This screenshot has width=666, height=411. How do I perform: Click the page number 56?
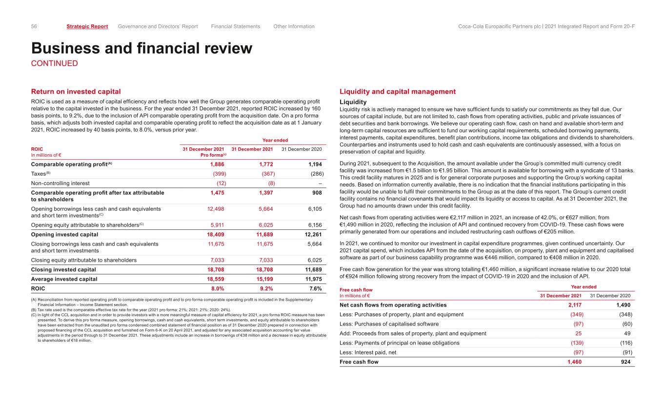point(34,26)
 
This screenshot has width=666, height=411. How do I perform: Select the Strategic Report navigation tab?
point(87,26)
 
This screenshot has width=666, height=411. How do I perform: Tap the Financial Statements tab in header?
point(236,26)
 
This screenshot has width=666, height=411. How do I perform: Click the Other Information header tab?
point(294,26)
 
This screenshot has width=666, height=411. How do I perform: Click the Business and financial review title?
point(142,48)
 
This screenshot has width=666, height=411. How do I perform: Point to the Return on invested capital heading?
point(76,91)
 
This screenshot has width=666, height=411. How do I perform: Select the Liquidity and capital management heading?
point(397,91)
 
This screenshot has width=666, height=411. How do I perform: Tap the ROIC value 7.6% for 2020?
point(315,288)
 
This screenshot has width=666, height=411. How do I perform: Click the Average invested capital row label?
point(64,279)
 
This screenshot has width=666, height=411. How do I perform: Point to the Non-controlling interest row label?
point(61,183)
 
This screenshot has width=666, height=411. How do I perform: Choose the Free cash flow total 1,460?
point(572,362)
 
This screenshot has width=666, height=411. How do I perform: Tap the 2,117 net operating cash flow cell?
point(573,305)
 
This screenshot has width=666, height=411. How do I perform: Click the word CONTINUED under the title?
point(55,63)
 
